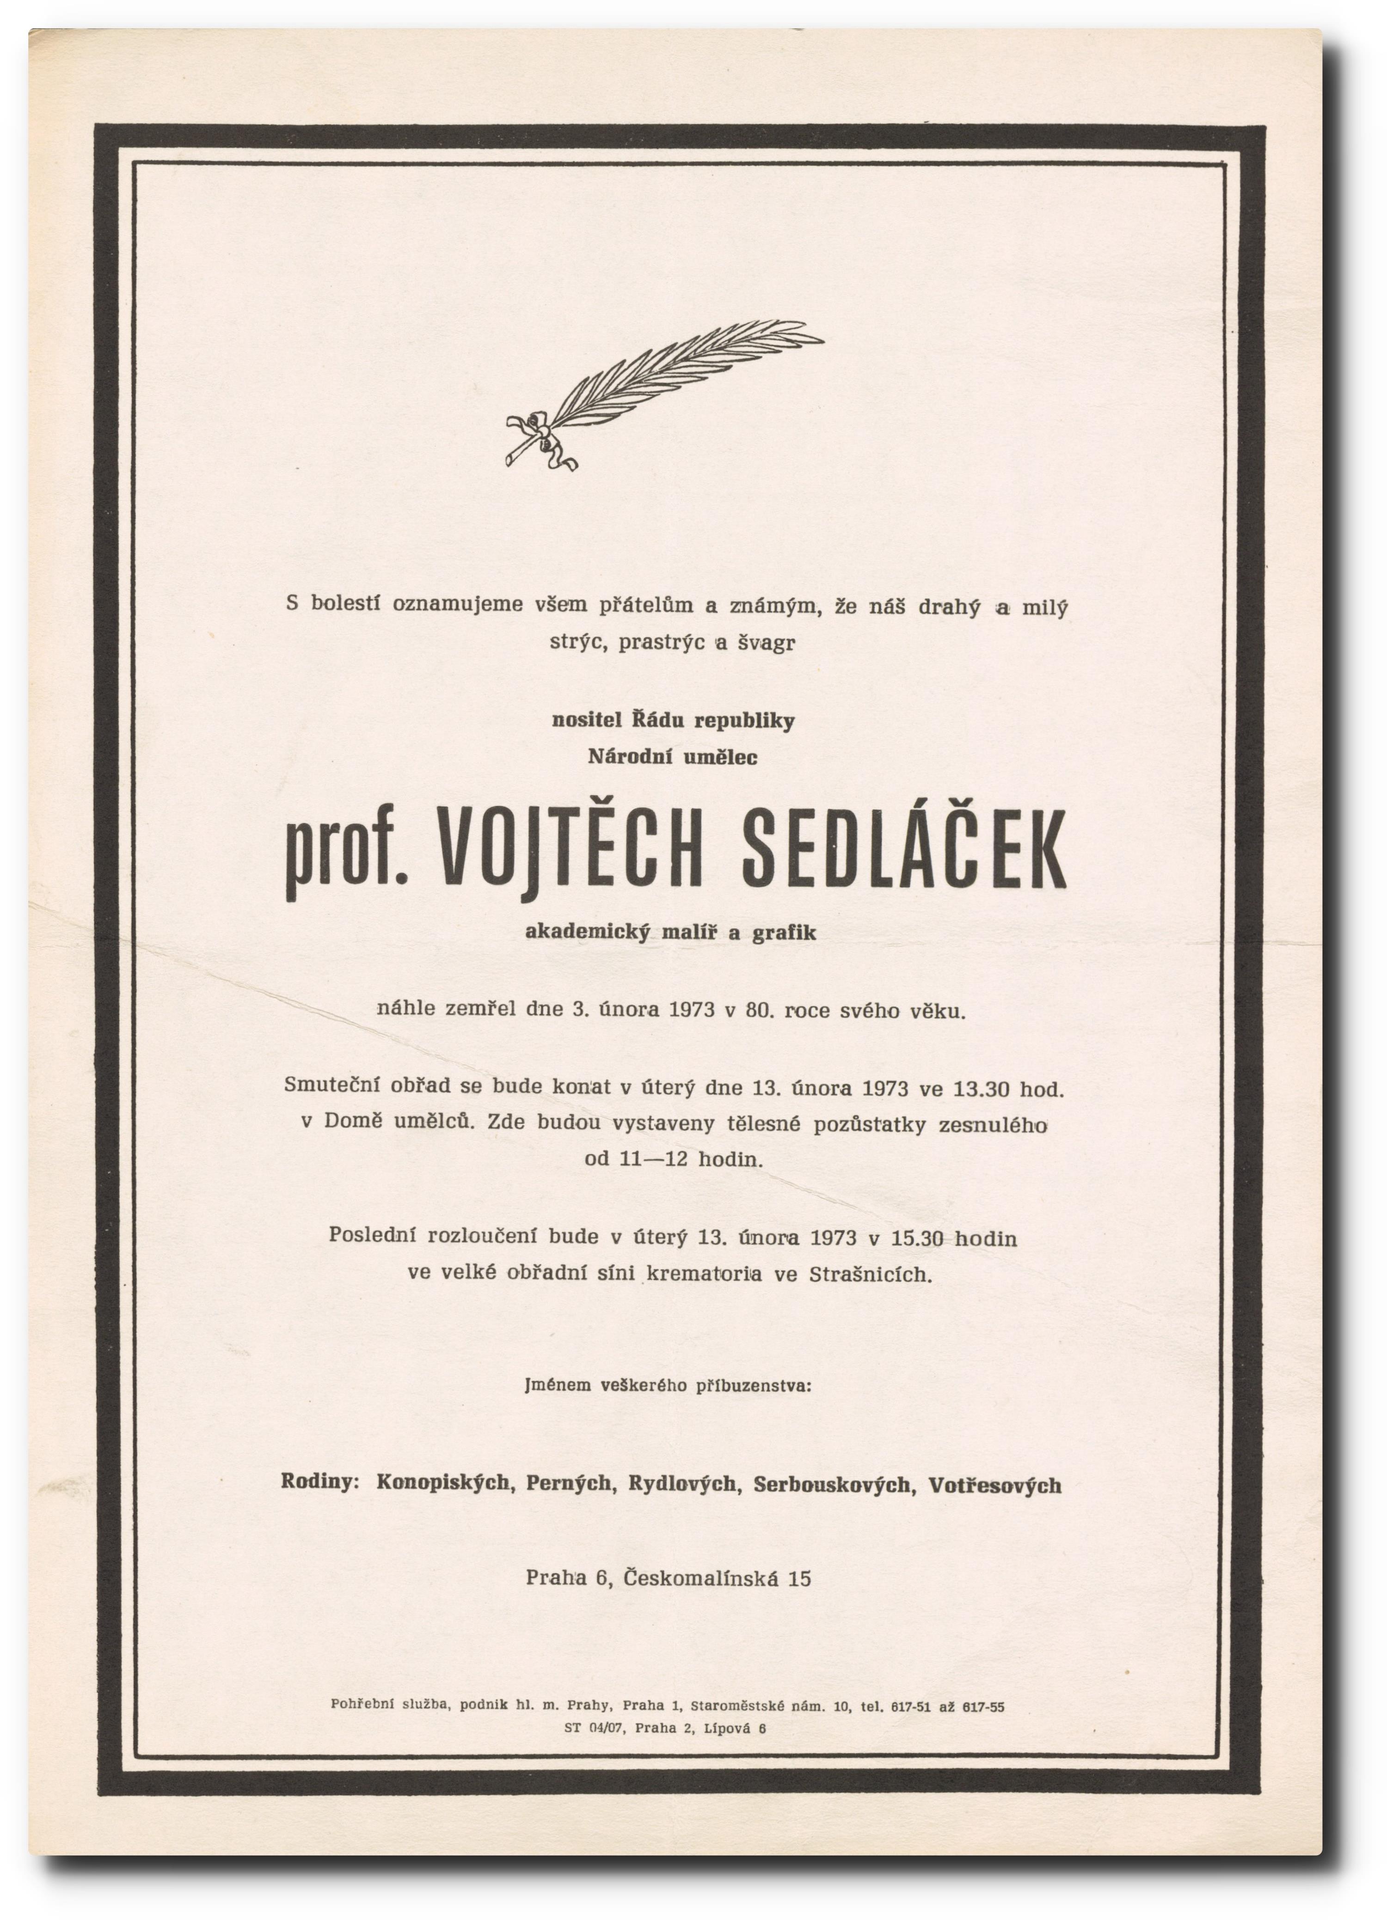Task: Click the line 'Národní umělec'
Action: [x=672, y=757]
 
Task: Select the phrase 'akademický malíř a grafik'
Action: [x=671, y=932]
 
